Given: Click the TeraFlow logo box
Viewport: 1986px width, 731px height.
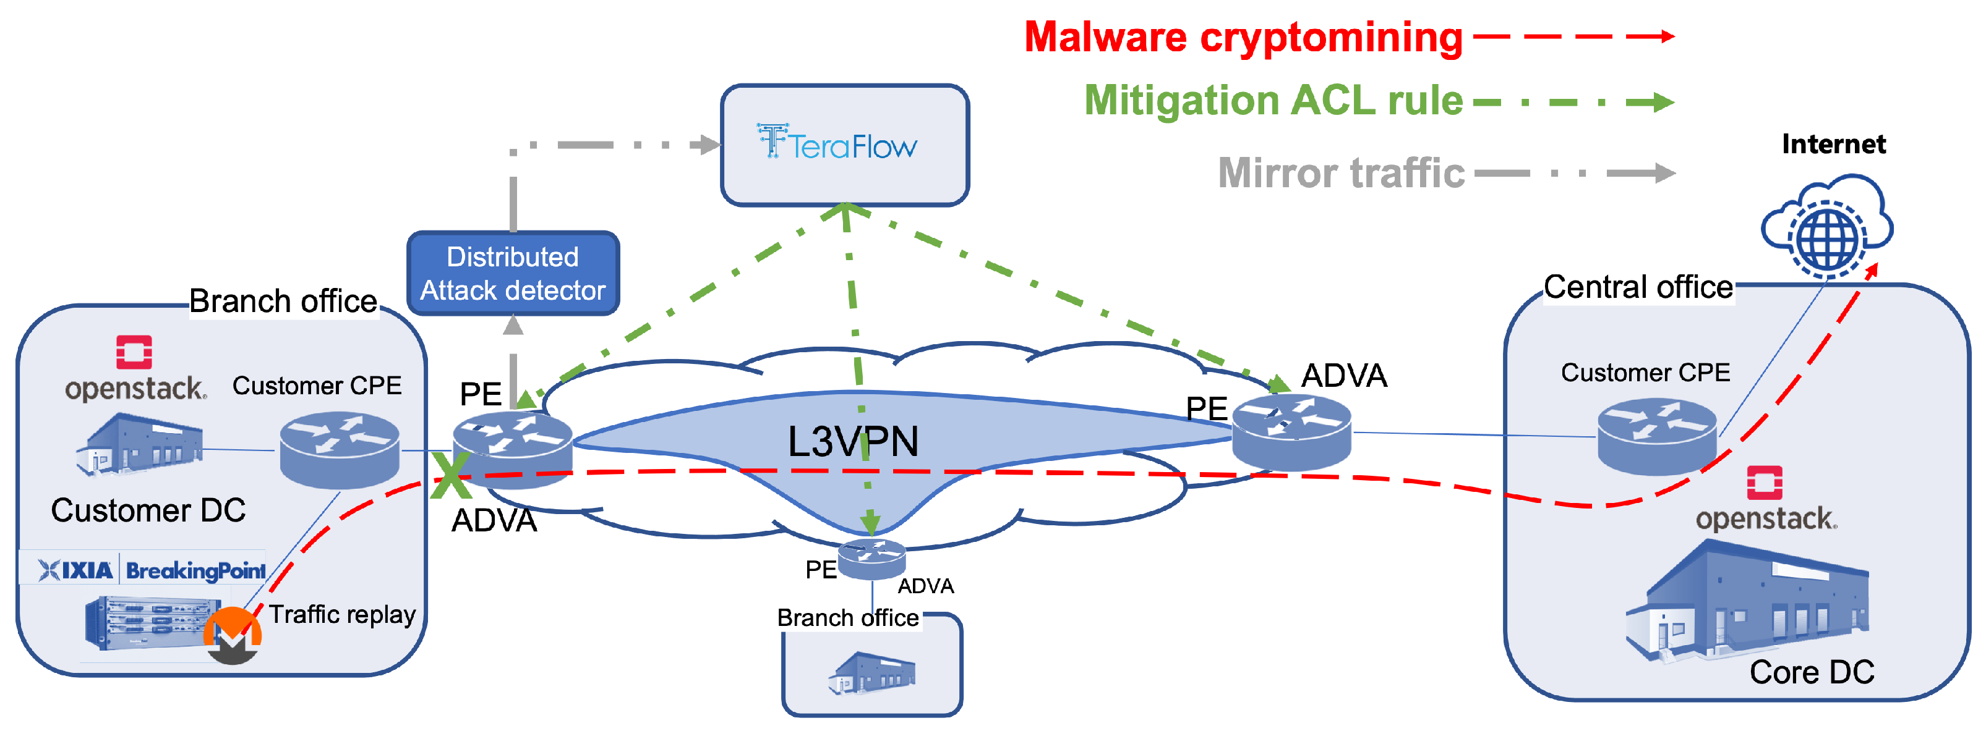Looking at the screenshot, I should point(844,144).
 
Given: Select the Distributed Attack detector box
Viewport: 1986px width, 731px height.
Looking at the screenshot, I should point(513,274).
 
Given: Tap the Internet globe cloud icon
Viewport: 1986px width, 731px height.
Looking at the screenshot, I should point(1826,228).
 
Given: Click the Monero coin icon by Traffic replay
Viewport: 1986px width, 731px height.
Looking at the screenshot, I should point(232,635).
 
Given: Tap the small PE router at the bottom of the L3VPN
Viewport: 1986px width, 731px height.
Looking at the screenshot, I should point(871,559).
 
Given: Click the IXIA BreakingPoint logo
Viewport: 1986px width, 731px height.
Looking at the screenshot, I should point(152,570).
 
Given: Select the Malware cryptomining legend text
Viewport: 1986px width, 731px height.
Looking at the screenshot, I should point(1243,37).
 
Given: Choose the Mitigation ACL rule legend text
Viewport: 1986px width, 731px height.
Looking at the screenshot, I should point(1273,101).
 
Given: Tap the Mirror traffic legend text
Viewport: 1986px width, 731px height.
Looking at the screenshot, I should point(1341,172).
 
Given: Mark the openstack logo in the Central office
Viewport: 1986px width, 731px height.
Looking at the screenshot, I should point(1765,500).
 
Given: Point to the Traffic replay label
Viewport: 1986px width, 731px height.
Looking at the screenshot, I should point(341,614).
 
